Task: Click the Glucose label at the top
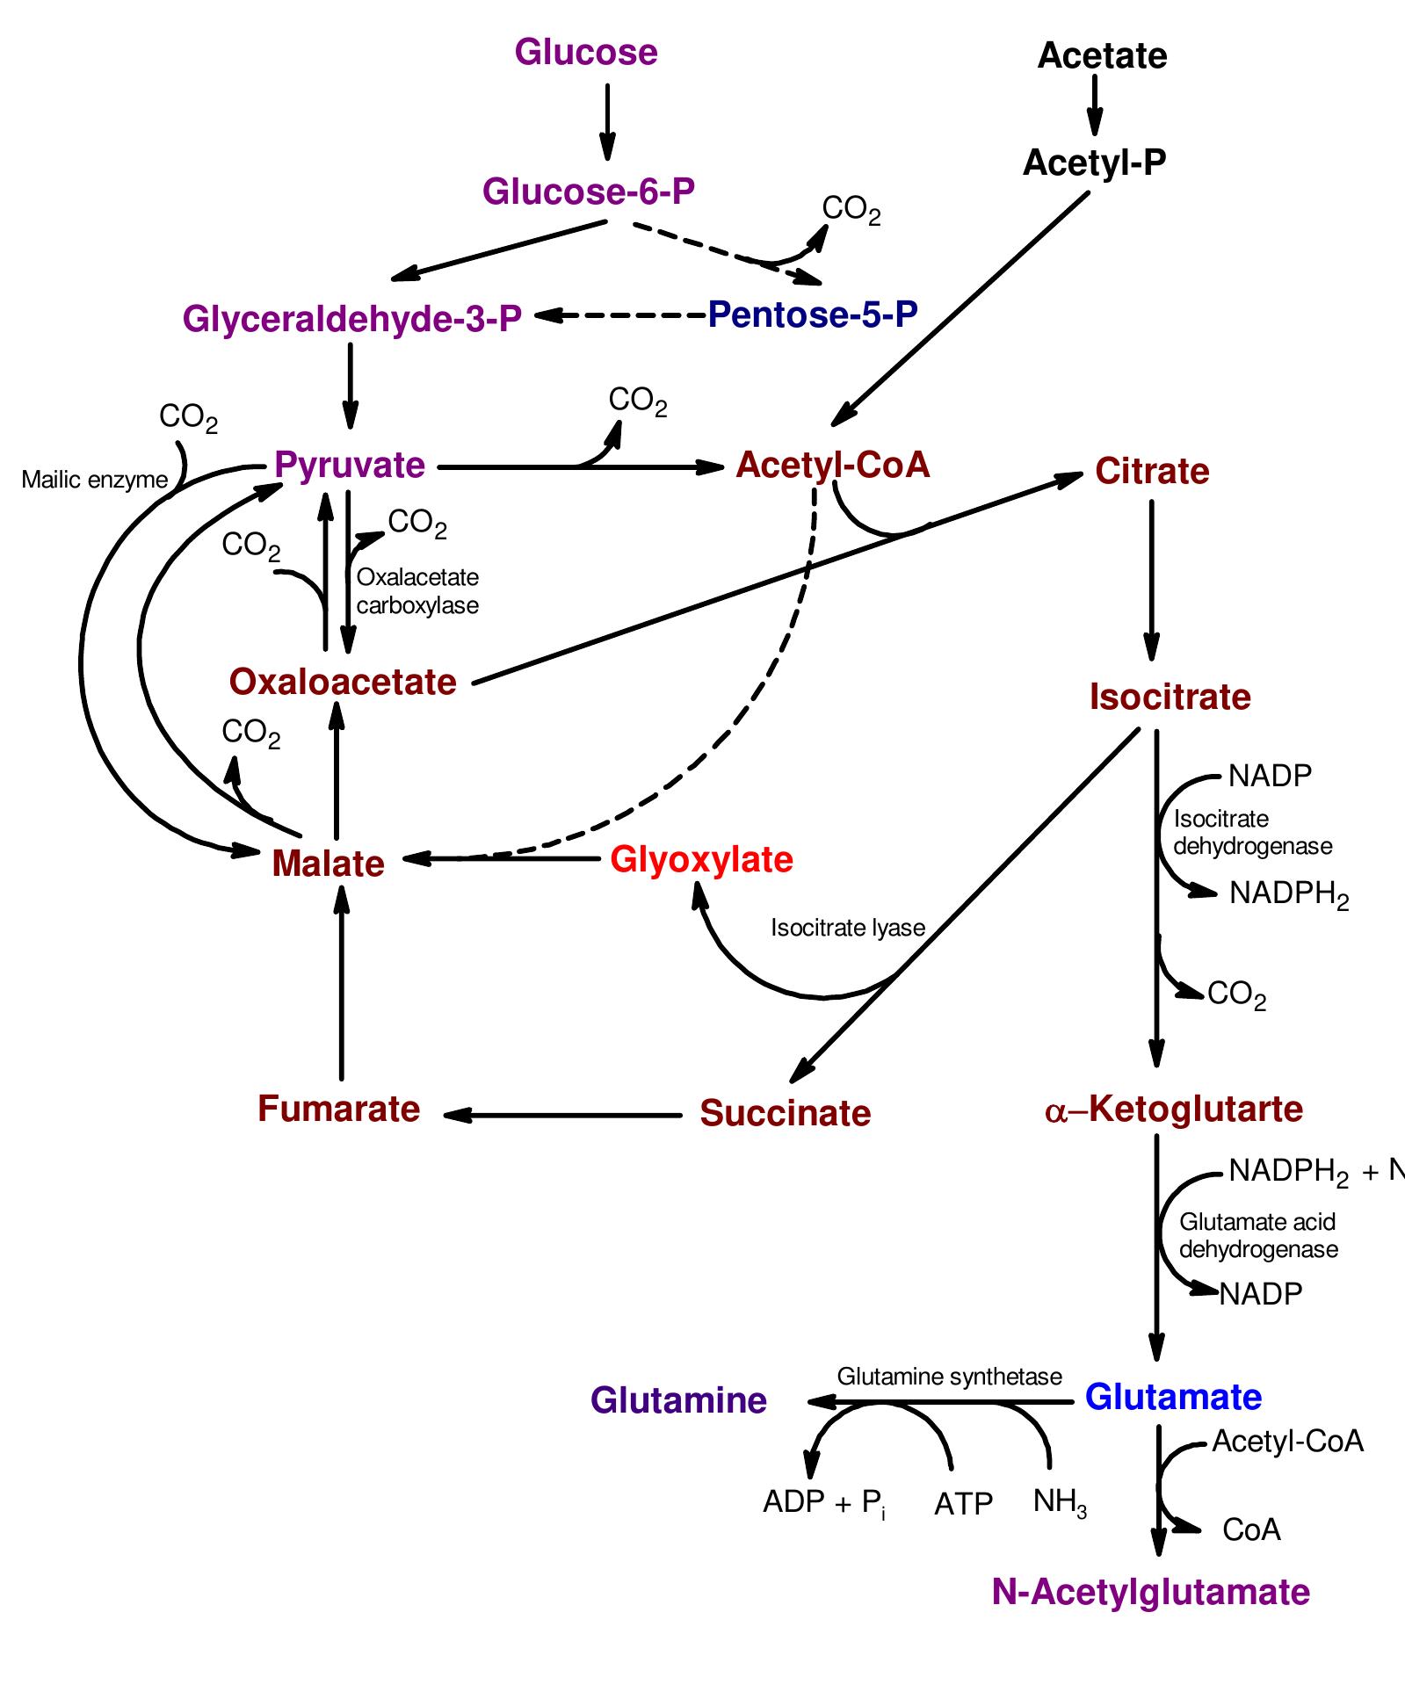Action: (586, 53)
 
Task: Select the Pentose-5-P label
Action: (813, 314)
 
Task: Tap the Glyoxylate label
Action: (701, 859)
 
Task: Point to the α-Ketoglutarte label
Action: (1174, 1110)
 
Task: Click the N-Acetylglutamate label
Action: (1150, 1592)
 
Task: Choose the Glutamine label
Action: (678, 1400)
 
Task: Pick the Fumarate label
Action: (339, 1109)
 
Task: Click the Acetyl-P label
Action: (1094, 163)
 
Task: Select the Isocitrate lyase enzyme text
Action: (848, 929)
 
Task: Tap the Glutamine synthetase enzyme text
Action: (949, 1377)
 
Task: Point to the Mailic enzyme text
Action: (94, 480)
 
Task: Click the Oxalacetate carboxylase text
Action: (417, 591)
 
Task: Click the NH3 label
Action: (1060, 1502)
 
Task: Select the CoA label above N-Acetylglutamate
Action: (1251, 1530)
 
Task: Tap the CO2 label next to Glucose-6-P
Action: (851, 210)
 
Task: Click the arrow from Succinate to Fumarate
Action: (562, 1116)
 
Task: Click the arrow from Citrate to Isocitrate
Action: (1151, 580)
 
